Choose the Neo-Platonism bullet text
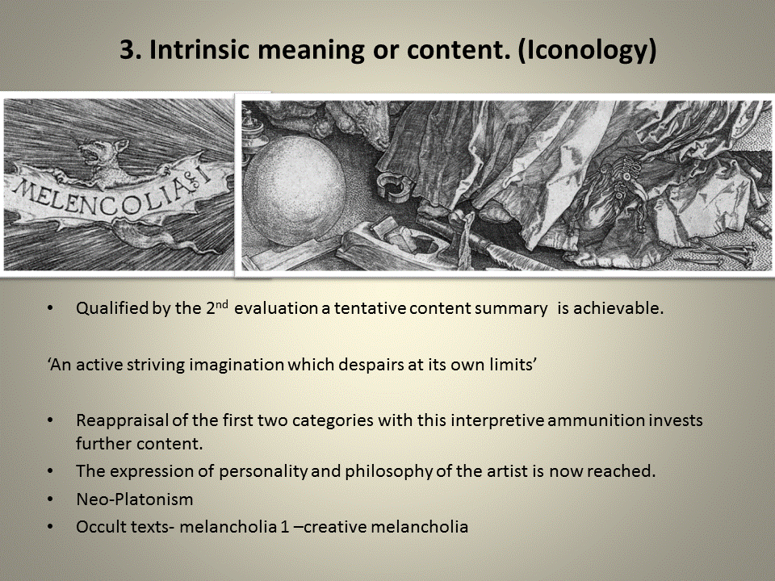click(135, 499)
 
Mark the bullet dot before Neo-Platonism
click(52, 499)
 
